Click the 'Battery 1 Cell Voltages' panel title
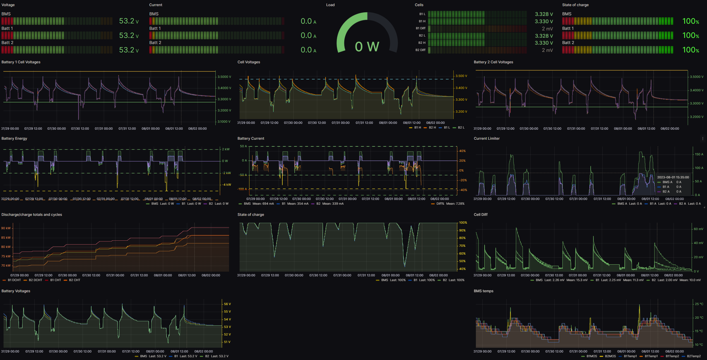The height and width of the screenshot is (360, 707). [21, 62]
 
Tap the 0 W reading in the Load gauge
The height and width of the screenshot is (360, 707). [367, 47]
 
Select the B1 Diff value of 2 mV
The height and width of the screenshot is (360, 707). [547, 29]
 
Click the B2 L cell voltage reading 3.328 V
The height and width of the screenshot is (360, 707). [544, 36]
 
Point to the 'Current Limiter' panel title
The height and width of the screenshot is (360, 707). [487, 139]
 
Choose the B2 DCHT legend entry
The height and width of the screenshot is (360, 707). [35, 280]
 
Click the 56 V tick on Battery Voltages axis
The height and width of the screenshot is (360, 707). [227, 304]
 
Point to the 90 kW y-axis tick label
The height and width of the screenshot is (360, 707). [6, 228]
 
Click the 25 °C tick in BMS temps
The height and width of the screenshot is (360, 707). [699, 304]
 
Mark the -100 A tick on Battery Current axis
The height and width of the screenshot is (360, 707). [242, 189]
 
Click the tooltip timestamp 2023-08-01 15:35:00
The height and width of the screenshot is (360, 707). [673, 177]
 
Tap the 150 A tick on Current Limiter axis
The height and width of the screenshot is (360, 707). [699, 154]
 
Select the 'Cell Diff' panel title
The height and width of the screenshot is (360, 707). [480, 215]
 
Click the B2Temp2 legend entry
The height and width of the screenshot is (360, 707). [694, 356]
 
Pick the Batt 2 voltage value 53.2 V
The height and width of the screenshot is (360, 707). [129, 50]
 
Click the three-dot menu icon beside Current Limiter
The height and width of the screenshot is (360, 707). [703, 139]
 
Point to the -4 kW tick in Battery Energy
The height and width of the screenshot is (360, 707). [227, 185]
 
